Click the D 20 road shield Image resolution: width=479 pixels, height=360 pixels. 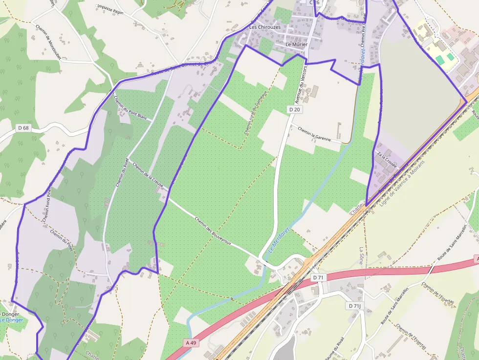(294, 109)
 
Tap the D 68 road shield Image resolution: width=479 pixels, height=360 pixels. (23, 128)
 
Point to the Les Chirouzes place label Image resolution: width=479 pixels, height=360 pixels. (265, 27)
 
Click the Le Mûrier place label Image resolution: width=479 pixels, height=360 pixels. (297, 44)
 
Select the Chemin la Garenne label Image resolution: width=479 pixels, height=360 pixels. (314, 134)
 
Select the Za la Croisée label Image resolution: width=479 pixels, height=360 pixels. (387, 160)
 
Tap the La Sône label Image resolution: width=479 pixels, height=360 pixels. (362, 255)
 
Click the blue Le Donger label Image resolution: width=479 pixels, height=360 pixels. (11, 320)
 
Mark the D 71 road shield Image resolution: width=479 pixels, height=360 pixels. (318, 277)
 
